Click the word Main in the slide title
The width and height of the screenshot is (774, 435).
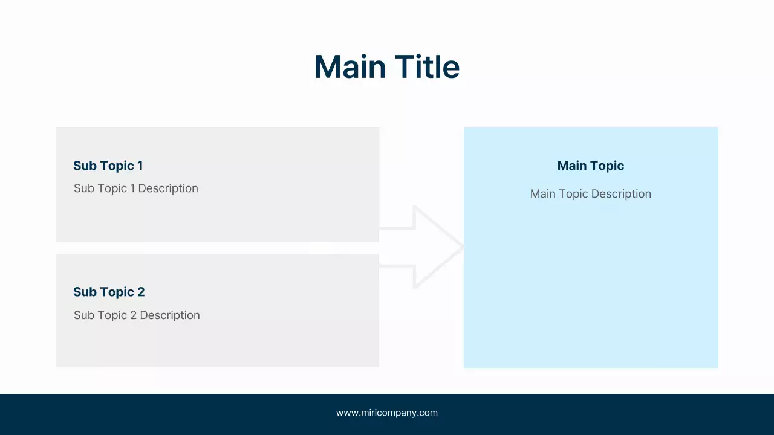point(350,66)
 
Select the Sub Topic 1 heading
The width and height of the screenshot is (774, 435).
point(108,166)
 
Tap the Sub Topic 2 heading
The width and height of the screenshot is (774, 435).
point(109,292)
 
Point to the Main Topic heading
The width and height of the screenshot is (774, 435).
point(590,166)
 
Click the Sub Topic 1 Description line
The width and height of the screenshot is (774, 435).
point(135,188)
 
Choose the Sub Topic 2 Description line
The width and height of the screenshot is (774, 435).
point(137,315)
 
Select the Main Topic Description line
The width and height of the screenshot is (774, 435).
point(590,194)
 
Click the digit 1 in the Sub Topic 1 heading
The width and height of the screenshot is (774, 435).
point(140,166)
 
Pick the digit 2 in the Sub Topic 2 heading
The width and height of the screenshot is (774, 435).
point(141,292)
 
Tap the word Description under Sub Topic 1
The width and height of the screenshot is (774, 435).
point(168,188)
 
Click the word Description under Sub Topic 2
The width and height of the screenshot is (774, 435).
point(169,315)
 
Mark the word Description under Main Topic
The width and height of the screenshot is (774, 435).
point(621,194)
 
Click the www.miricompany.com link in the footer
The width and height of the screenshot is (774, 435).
point(387,413)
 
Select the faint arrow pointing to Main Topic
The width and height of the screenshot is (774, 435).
point(423,246)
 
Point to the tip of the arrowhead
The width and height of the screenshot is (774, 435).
point(462,246)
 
